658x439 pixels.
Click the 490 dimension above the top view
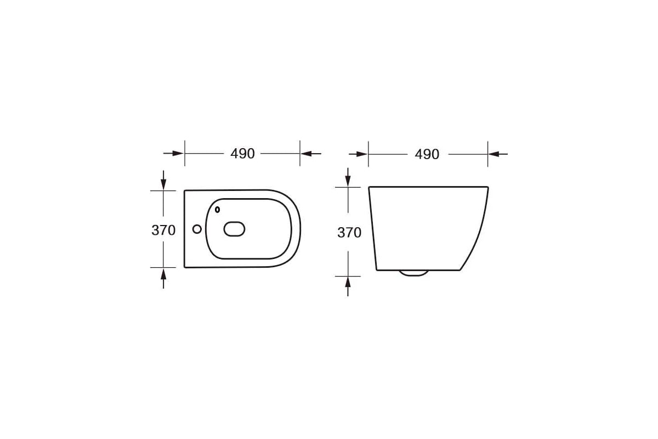tap(242, 154)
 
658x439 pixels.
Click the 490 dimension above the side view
tap(427, 154)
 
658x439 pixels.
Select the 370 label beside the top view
tap(163, 230)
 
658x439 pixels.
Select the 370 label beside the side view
tap(349, 233)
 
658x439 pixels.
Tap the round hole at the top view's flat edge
tap(197, 229)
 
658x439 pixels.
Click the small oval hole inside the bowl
tap(217, 210)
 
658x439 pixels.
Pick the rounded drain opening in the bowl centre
tap(234, 229)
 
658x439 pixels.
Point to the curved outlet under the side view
tap(413, 273)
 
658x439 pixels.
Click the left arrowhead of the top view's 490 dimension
tap(178, 153)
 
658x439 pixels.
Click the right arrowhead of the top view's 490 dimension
tap(306, 154)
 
